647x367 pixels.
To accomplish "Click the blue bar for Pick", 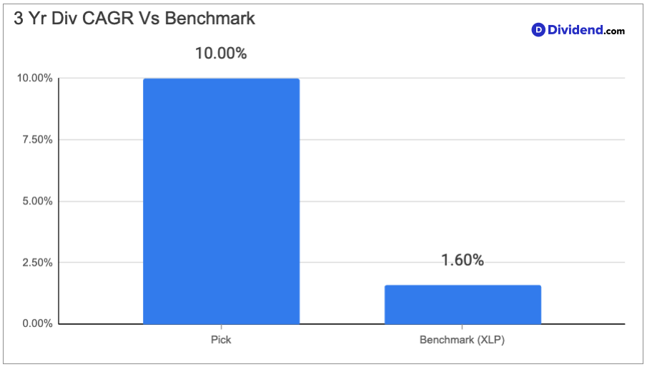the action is (221, 201).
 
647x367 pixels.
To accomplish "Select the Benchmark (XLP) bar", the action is (463, 304).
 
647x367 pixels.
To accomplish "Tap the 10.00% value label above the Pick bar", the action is (221, 53).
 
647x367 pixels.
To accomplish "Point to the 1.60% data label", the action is (462, 260).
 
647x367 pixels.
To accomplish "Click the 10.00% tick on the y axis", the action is (34, 78).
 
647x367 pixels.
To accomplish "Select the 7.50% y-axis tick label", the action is (38, 140).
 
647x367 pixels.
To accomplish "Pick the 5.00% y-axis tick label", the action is (38, 201).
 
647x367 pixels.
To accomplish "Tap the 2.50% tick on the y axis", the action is (38, 262).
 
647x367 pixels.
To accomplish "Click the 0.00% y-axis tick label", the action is (38, 323).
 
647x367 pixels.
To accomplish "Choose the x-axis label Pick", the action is (221, 340).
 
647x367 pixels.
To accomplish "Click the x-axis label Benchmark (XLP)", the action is (462, 340).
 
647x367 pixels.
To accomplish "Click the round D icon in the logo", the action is (538, 30).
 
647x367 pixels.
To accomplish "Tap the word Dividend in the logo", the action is (576, 30).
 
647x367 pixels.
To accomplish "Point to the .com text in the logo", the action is (614, 31).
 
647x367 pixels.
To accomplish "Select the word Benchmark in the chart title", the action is (210, 19).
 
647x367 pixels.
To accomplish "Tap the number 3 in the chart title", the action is (19, 19).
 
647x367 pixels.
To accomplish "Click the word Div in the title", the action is (64, 19).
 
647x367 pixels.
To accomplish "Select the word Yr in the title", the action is (38, 19).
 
